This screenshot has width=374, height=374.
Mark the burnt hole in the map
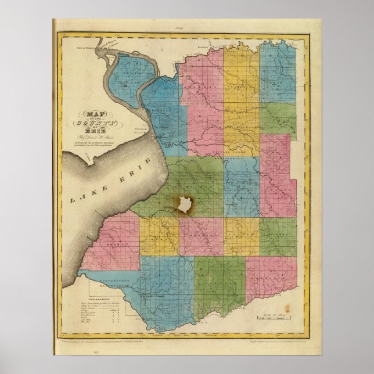(185, 204)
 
